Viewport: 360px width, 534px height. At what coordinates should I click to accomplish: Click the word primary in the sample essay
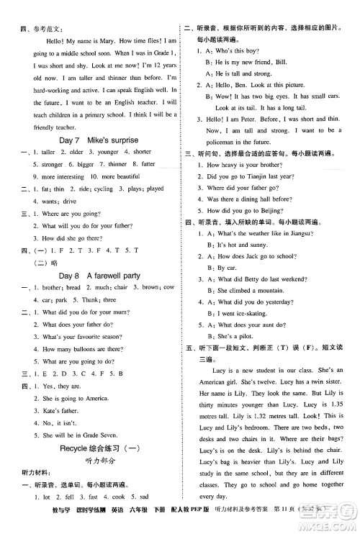(x=120, y=114)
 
